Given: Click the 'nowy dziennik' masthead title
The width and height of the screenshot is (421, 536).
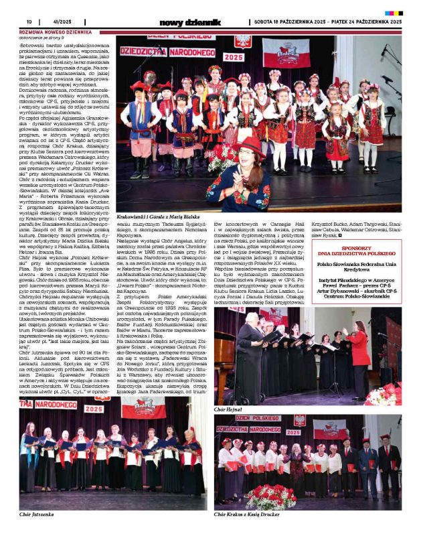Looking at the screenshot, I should [189, 22].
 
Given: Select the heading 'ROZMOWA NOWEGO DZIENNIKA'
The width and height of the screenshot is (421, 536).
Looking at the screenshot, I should [51, 31].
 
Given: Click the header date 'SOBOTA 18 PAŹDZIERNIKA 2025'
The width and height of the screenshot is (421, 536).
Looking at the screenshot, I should [290, 21].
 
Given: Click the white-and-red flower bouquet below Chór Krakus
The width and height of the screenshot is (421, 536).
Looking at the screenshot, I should [270, 497].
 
